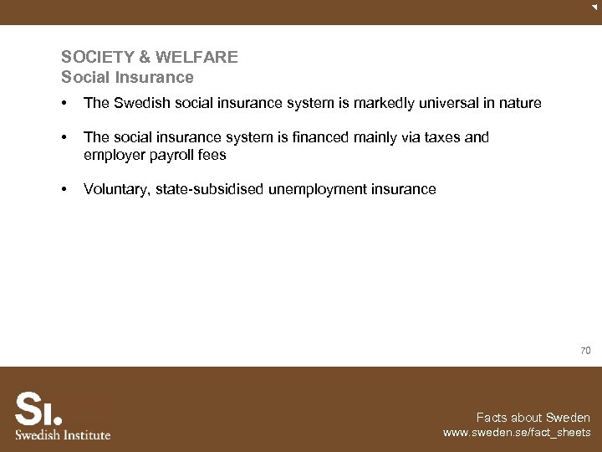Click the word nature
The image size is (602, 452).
[x=519, y=104]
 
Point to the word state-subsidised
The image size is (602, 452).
[x=209, y=189]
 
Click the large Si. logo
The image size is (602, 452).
[x=38, y=409]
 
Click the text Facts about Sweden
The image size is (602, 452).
[x=533, y=418]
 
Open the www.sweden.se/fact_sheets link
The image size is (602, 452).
[x=517, y=434]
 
